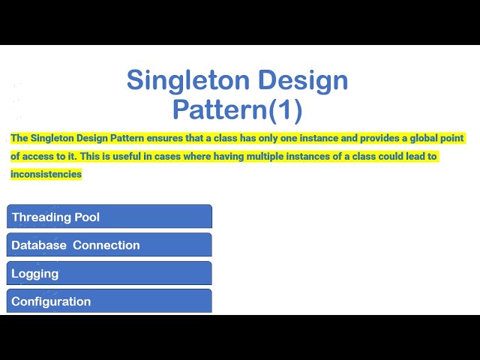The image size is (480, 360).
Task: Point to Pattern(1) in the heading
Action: [238, 109]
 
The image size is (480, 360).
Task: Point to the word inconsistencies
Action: [46, 175]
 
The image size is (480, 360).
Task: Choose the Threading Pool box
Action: [109, 217]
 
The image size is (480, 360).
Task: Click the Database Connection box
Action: [109, 245]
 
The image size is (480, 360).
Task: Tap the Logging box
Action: [109, 273]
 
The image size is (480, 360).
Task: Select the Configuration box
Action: [109, 301]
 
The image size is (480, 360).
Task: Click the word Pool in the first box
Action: [87, 217]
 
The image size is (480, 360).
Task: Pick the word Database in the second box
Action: [39, 245]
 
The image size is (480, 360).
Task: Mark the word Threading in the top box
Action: [41, 217]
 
